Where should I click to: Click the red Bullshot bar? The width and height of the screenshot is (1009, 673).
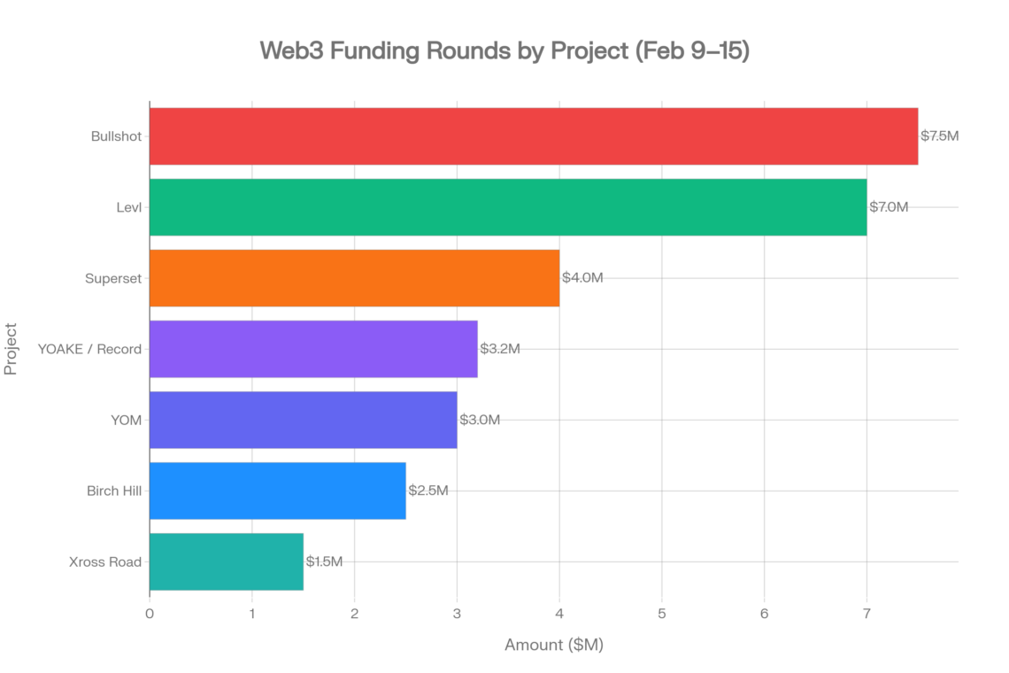(534, 136)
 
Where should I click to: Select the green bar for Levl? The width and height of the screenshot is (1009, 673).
(508, 207)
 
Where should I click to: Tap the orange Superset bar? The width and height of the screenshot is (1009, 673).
(354, 278)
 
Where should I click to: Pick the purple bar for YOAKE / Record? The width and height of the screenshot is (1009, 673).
(313, 349)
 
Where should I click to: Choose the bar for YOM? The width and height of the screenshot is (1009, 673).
(304, 420)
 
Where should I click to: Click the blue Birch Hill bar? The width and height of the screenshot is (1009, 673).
(278, 491)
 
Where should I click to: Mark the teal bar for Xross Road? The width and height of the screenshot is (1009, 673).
(227, 561)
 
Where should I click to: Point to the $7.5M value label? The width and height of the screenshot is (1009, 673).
(939, 136)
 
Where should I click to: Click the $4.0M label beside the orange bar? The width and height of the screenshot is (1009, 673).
(582, 278)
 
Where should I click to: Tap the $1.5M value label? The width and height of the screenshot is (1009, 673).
(324, 561)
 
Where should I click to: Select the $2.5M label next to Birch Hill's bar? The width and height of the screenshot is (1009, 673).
(428, 491)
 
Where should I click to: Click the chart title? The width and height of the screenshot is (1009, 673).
(504, 51)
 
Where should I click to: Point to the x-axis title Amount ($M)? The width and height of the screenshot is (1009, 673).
(554, 645)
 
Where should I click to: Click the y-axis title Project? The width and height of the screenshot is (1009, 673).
(12, 349)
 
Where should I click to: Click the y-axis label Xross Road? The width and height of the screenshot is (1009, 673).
(104, 561)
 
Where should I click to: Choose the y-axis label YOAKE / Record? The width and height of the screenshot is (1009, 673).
(89, 349)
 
